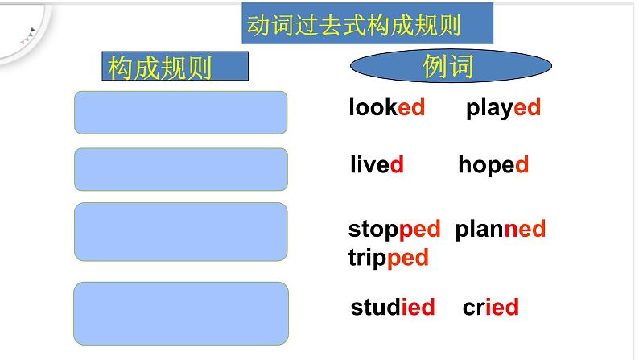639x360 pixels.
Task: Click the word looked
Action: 386,108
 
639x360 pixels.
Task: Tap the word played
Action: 503,108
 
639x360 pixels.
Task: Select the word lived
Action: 377,166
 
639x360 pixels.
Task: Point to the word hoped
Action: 493,165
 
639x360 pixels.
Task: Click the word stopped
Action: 394,230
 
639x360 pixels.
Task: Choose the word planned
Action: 501,230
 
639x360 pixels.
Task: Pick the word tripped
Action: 388,258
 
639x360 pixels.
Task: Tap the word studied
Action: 393,307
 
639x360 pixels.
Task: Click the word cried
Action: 491,307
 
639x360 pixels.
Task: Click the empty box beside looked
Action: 180,112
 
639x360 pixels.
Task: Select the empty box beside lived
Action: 180,169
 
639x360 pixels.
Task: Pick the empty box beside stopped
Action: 180,231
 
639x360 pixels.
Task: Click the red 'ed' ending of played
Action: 527,108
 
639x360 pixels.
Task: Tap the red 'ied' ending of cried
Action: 501,307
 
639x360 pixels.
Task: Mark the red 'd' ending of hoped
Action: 522,165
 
